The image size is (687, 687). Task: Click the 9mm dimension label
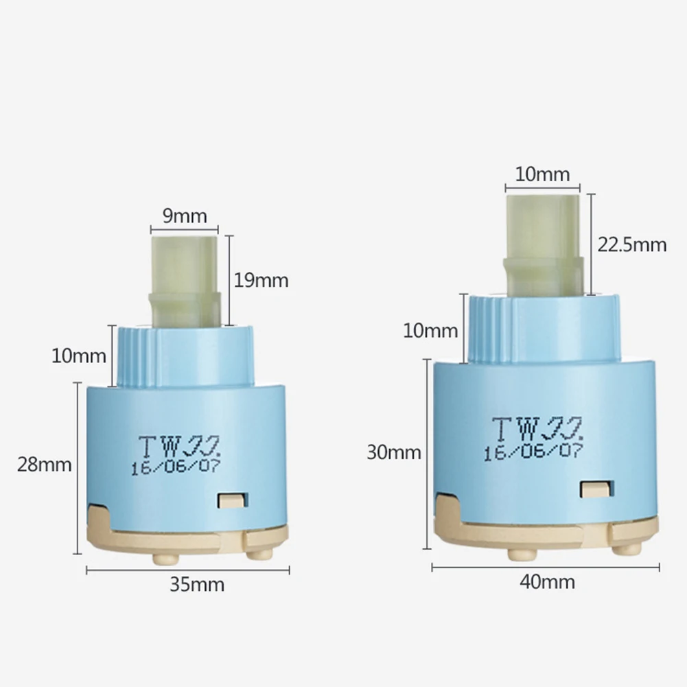pos(185,216)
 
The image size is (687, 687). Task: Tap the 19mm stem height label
pos(261,281)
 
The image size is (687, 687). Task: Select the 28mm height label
pos(44,465)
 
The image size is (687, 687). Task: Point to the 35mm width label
pos(197,585)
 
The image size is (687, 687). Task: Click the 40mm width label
pos(547,582)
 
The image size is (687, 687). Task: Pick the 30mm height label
pos(394,452)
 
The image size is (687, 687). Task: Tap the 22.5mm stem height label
pos(632,244)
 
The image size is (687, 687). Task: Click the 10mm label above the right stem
pos(542,174)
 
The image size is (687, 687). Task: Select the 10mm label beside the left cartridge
pos(79,356)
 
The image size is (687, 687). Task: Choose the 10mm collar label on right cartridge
pos(430,330)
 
